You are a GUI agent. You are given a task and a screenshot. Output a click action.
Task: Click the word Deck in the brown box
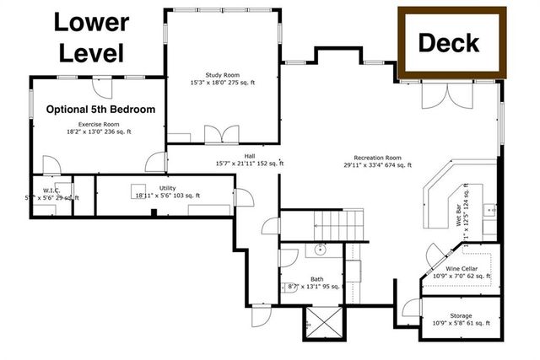click(x=448, y=41)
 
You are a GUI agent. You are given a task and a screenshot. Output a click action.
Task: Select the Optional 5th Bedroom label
click(x=100, y=110)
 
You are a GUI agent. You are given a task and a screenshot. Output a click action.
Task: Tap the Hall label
click(x=250, y=156)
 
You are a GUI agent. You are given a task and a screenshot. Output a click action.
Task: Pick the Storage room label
click(x=461, y=316)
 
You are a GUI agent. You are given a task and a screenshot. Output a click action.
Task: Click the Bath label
click(x=316, y=279)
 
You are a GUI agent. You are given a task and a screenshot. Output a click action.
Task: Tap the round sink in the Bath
click(x=321, y=250)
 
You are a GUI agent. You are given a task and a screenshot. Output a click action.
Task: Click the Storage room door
click(x=411, y=309)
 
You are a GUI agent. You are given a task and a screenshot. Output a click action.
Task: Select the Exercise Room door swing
click(x=154, y=161)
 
